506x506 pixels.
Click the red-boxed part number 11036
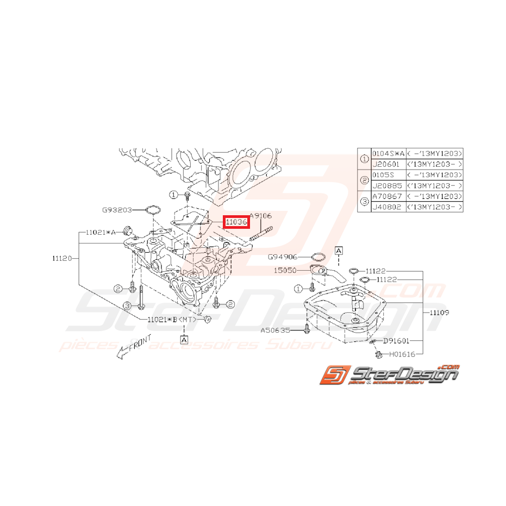coord(236,222)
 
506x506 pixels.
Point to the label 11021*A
coord(101,232)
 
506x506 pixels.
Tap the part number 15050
coord(286,270)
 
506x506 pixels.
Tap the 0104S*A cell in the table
coord(388,154)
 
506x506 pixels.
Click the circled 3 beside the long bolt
coord(127,307)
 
